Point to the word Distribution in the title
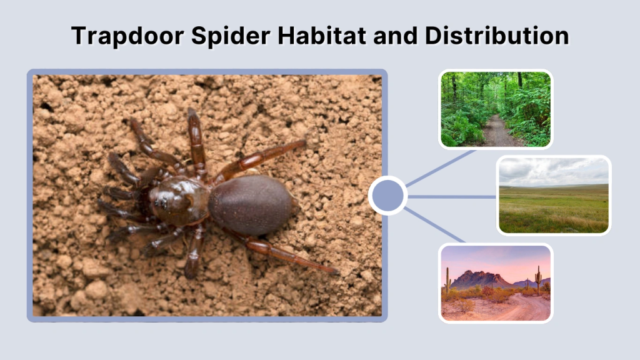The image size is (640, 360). click(x=497, y=36)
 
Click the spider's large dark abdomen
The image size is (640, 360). click(x=250, y=204)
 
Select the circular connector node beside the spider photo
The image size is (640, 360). click(x=387, y=196)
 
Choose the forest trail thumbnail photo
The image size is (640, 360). click(x=496, y=109)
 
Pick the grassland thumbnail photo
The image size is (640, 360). click(x=553, y=195)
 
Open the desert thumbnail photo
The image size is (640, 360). click(x=496, y=283)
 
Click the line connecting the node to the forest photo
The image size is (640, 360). click(x=441, y=167)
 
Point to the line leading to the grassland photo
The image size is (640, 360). click(x=451, y=196)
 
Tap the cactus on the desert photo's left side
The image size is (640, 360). click(x=447, y=281)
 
